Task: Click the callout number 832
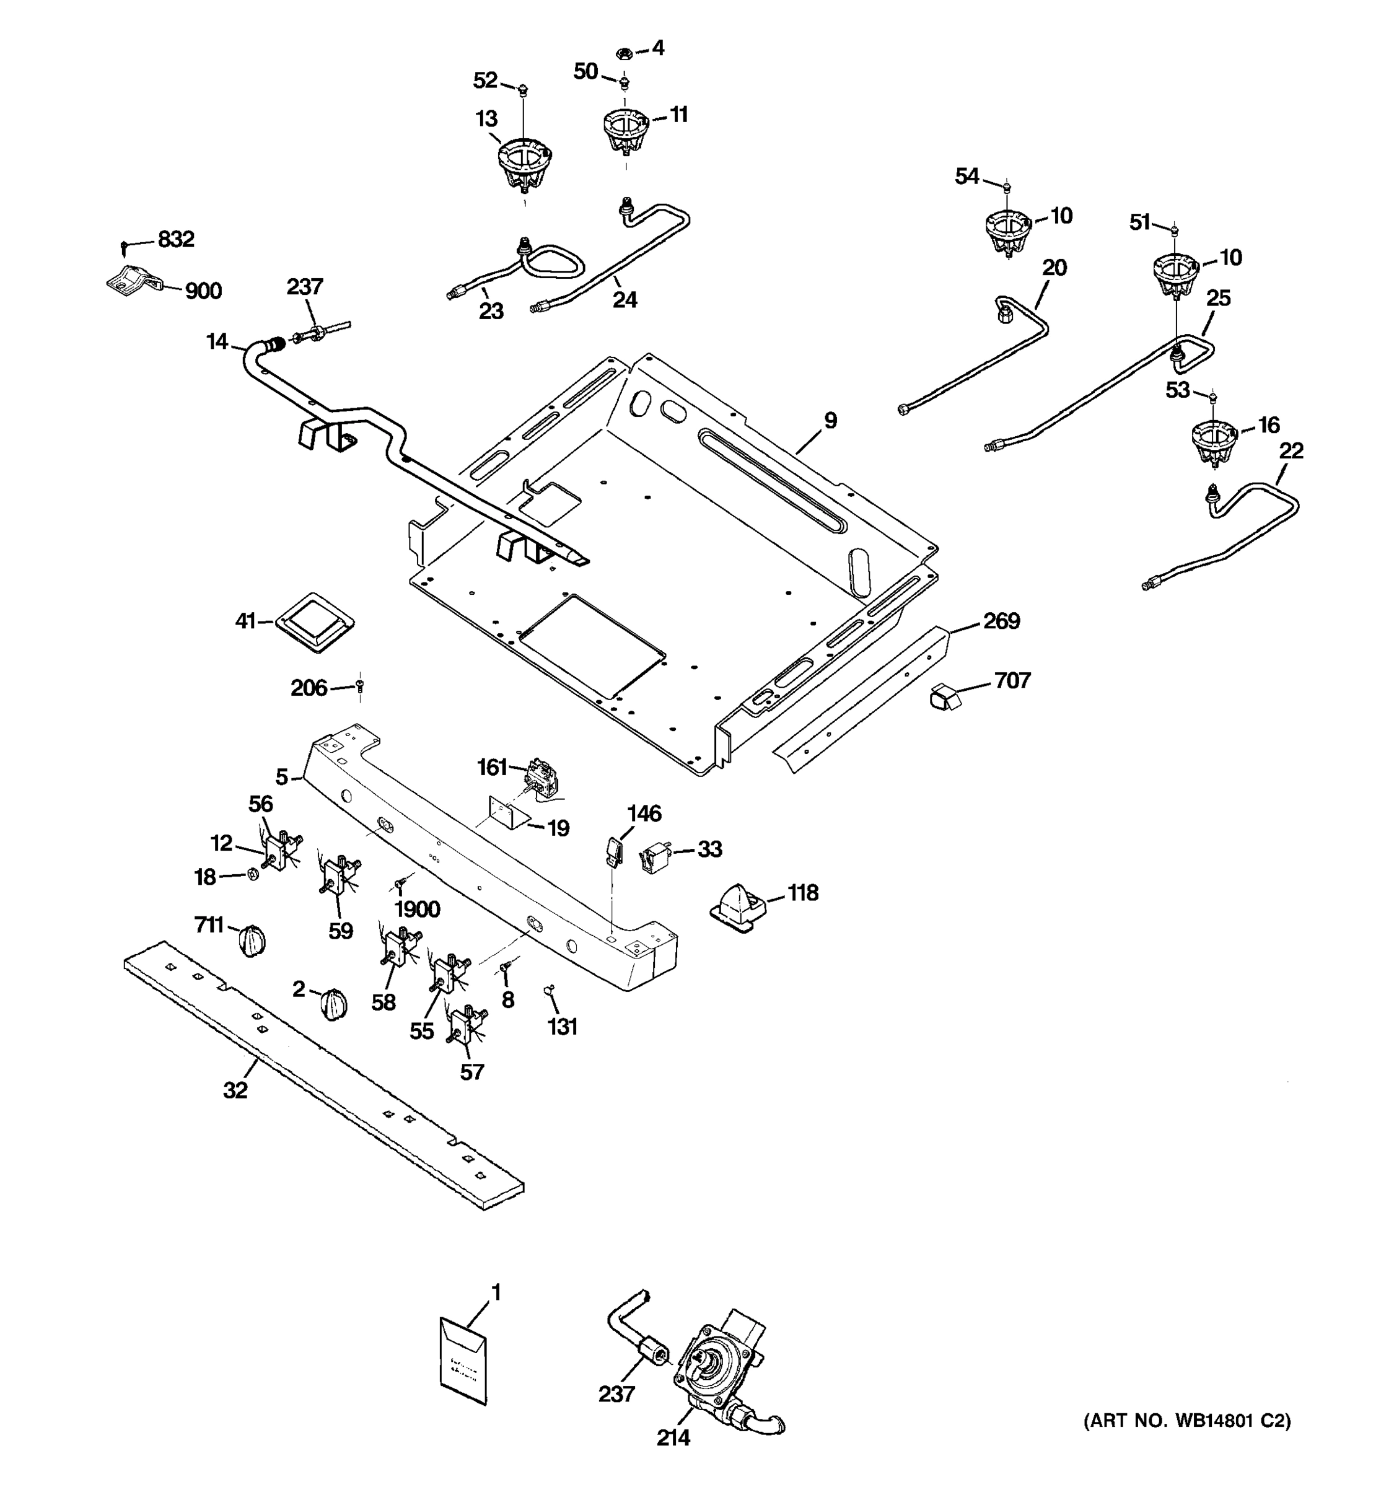(x=176, y=239)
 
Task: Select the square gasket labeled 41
(x=315, y=621)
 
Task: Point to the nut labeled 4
(x=625, y=53)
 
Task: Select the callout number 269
(x=1001, y=621)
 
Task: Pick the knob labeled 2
(x=333, y=1003)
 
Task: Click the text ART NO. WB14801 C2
(x=1187, y=1421)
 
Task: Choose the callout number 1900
(x=416, y=909)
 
